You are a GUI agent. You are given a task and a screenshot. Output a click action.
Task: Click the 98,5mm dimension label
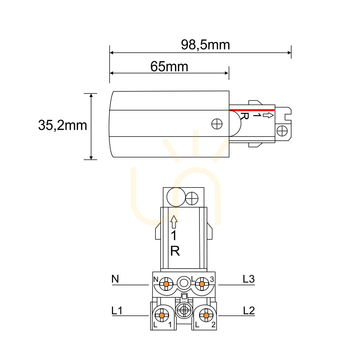coord(205,45)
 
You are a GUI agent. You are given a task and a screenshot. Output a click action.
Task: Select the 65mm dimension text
coord(169,67)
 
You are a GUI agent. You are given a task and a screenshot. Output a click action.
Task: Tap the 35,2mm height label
coord(62,125)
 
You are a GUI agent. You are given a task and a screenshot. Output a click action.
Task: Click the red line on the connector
coord(252,110)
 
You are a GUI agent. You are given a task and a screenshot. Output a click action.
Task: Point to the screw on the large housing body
coord(217,124)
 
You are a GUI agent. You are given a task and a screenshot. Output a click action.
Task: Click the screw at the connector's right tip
coord(282,131)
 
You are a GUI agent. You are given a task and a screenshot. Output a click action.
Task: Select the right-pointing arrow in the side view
coord(268,115)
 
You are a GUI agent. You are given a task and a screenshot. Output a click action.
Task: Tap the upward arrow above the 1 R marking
coord(174,222)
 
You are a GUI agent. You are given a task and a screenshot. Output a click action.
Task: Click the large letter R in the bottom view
coord(175,251)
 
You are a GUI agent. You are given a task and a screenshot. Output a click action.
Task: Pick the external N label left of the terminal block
coord(115,279)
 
